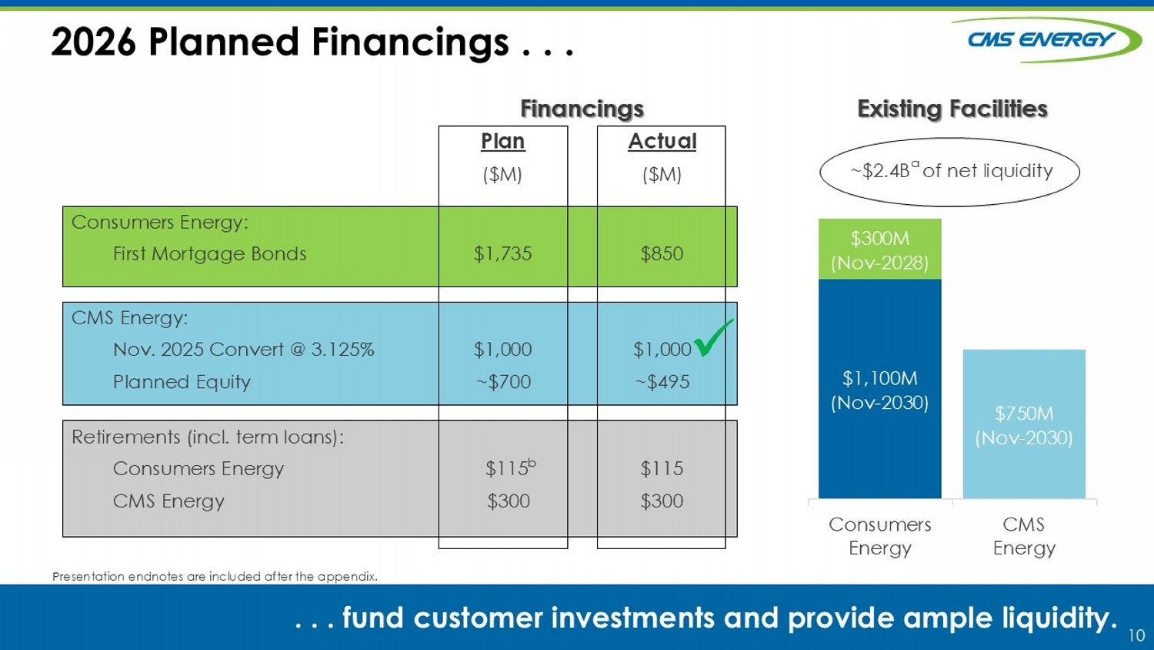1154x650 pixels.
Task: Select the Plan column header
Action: coord(503,142)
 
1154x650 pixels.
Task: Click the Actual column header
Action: coord(662,142)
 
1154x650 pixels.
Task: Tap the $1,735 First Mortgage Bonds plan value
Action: coord(503,254)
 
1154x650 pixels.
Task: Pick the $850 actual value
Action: coord(662,254)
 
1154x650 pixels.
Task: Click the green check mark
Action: coord(713,338)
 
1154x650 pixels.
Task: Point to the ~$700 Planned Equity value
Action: coord(503,382)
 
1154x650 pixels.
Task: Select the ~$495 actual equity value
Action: coord(662,382)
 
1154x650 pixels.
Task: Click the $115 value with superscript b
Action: coord(511,467)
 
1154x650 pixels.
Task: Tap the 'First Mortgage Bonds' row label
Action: coord(210,254)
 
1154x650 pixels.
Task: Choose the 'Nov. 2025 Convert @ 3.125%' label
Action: coord(244,350)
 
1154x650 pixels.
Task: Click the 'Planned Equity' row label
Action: coord(182,382)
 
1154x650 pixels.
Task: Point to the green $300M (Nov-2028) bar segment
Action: coord(880,250)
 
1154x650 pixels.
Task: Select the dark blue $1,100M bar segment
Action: coord(880,389)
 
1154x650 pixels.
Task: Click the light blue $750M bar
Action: coord(1024,424)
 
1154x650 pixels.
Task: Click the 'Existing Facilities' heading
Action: coord(952,109)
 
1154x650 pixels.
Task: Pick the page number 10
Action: coord(1136,635)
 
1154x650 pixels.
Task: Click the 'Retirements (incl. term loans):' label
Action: coord(208,437)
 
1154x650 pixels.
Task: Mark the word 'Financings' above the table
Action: coord(582,109)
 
